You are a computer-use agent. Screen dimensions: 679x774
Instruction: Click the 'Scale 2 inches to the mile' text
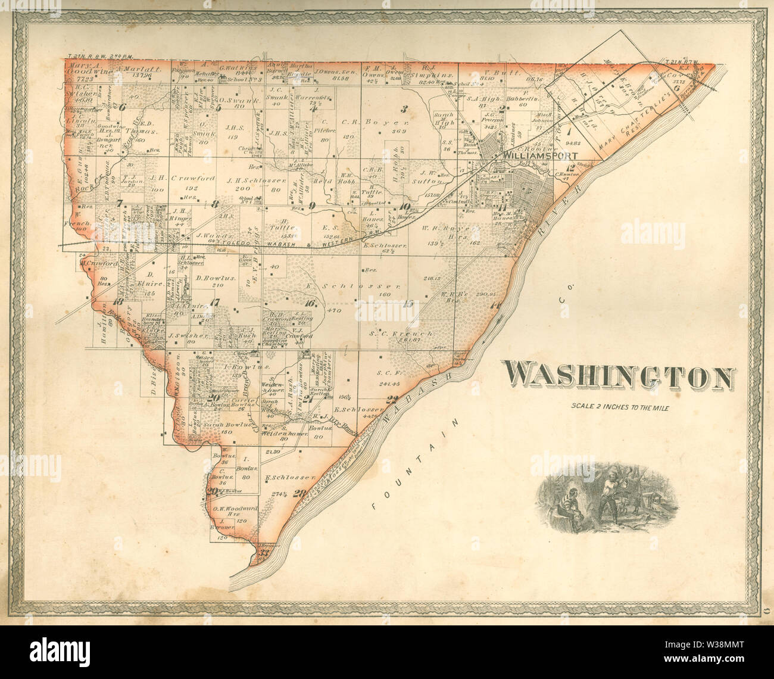(x=620, y=408)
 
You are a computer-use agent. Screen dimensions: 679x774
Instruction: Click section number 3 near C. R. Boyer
(x=404, y=108)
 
